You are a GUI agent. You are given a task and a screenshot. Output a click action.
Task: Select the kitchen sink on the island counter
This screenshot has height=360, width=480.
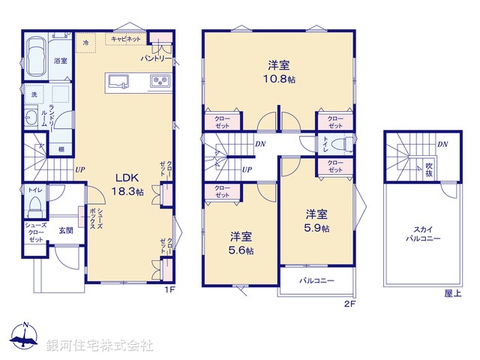pos(120,81)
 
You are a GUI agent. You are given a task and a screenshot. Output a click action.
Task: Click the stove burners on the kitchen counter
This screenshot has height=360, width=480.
pos(159,81)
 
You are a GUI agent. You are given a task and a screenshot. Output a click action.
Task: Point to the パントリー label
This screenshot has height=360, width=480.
pos(157,58)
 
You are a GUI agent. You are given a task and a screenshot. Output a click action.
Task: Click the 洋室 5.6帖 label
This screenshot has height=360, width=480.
pos(241,243)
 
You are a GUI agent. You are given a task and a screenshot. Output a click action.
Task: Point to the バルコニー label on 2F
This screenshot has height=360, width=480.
pos(317,280)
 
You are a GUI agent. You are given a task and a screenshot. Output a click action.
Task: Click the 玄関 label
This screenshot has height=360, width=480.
pos(66,230)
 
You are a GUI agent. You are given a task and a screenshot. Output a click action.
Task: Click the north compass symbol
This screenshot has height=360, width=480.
pos(25,337)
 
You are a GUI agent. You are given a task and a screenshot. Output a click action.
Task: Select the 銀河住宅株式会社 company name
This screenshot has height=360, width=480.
pos(100,345)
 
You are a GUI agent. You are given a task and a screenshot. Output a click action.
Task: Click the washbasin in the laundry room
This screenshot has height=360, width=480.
pos(31,118)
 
